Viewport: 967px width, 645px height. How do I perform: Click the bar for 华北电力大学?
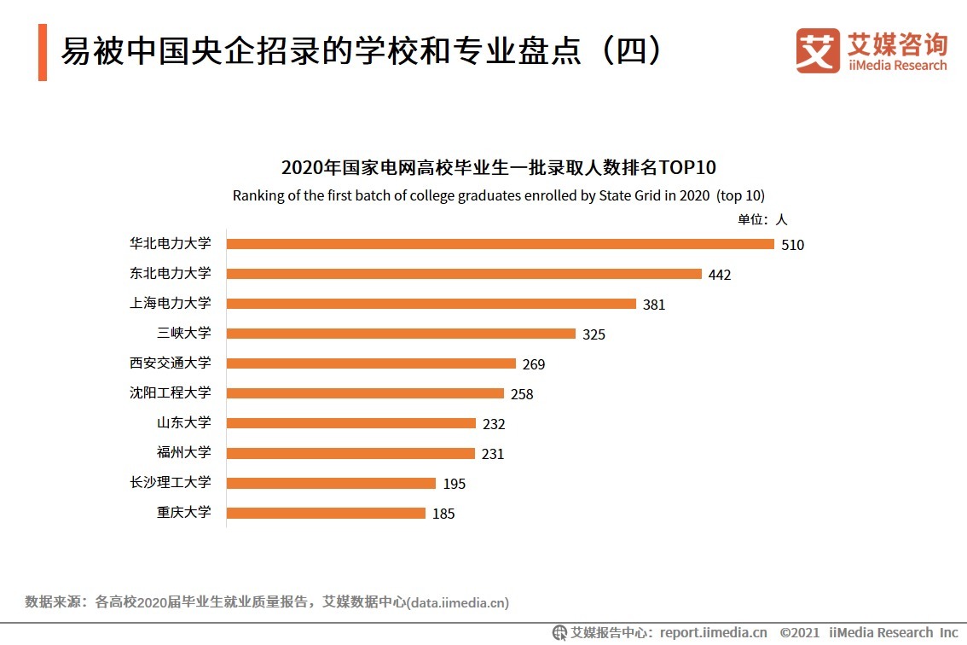(501, 244)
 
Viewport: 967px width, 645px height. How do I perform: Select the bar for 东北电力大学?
(464, 274)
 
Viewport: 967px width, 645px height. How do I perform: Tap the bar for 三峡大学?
(401, 334)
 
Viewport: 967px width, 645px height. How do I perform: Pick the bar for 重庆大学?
(326, 513)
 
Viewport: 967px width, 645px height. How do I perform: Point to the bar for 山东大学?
(351, 423)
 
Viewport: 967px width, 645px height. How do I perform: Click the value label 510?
(792, 245)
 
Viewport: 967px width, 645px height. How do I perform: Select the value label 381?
(653, 305)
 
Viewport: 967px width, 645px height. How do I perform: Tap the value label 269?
(533, 364)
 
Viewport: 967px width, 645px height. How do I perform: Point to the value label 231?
(492, 454)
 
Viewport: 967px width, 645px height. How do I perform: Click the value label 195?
(454, 484)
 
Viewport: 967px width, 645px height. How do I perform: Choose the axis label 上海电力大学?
(170, 303)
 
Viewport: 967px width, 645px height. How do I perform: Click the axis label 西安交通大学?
(170, 363)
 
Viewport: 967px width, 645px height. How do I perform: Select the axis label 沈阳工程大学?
(170, 392)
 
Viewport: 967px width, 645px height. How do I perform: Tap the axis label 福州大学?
(183, 452)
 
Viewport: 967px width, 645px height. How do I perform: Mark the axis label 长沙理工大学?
(170, 482)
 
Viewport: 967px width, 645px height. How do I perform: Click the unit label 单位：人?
(762, 219)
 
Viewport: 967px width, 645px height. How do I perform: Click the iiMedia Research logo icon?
(818, 50)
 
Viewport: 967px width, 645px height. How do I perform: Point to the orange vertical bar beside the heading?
(43, 53)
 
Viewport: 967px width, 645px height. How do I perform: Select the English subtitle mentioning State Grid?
(498, 195)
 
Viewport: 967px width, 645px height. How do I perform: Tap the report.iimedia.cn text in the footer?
(713, 632)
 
